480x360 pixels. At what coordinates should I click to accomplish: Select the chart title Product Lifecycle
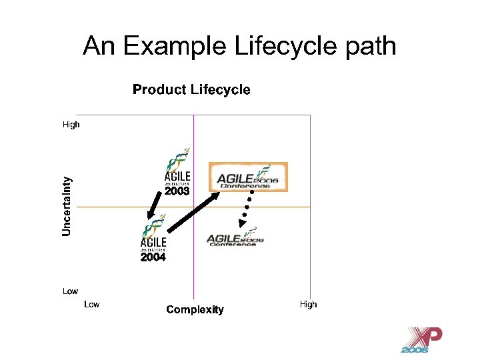coord(191,90)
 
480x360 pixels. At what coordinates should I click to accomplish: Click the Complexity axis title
coord(195,309)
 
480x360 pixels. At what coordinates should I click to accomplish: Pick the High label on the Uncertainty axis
coord(71,124)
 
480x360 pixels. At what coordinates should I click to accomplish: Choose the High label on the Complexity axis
coord(308,304)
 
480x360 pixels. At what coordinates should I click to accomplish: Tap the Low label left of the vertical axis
coord(70,291)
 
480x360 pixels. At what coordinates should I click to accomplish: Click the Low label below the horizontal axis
coord(91,304)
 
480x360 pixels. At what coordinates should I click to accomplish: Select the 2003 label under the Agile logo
coord(177,191)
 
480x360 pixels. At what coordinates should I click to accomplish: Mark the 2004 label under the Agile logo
coord(153,257)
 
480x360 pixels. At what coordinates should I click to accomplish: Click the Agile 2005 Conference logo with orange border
coord(248,177)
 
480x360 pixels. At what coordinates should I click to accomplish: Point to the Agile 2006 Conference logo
coord(235,237)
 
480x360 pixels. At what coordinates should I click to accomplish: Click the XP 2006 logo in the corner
coord(424,340)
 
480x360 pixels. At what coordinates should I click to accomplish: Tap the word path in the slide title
coord(370,46)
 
